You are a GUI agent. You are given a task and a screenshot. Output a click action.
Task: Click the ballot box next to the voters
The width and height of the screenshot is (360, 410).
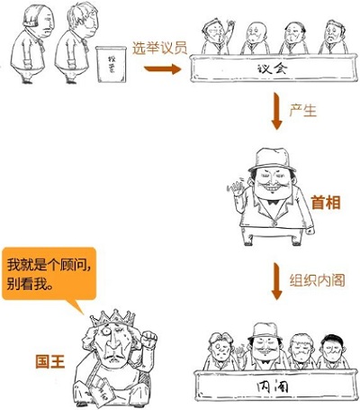coord(111,64)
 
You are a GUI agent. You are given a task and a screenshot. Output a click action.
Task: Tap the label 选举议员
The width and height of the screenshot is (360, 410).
coord(160,49)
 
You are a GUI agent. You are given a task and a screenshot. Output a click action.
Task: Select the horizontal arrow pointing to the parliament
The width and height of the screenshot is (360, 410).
coord(163,69)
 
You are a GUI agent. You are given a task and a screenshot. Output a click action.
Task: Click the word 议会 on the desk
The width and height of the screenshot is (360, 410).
coord(273,68)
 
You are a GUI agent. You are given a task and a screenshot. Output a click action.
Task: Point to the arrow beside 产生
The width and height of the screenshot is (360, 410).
coord(276,111)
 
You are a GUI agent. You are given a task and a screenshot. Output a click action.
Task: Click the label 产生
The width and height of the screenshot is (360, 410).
coord(302,111)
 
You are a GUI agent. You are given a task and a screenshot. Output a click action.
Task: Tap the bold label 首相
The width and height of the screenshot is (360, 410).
coord(326,203)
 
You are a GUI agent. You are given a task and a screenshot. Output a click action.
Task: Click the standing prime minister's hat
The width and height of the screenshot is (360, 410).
coord(272,159)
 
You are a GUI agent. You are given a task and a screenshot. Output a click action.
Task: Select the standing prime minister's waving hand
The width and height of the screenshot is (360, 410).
coord(236,188)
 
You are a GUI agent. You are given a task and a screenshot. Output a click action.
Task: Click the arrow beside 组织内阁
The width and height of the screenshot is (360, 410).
coord(276,281)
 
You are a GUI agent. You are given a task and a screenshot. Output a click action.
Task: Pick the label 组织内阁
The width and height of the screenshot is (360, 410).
coord(317,280)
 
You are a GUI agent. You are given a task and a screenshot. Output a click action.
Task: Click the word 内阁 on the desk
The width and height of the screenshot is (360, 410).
coord(273,387)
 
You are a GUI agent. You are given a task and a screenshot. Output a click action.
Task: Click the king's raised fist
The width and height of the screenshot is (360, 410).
coord(148,339)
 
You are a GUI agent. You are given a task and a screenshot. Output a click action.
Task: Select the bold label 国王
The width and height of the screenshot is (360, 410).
coord(50,361)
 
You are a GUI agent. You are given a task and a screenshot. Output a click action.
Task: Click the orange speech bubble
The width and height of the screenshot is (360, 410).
coord(49,274)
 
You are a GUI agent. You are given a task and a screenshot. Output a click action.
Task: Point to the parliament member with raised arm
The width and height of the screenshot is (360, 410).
coord(217,37)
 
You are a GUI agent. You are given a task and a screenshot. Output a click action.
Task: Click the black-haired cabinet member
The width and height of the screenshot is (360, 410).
coord(333,352)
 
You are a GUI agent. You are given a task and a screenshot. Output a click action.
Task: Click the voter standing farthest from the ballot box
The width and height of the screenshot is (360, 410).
coord(31,43)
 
